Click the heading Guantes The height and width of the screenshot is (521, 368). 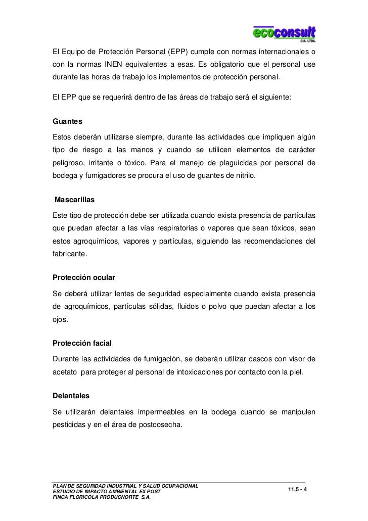67,123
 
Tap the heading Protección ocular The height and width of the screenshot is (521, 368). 84,278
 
